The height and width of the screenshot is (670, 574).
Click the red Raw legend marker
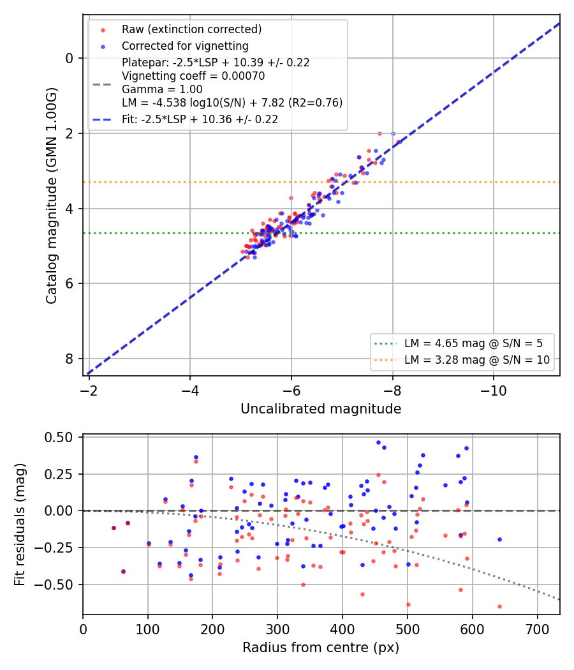click(103, 30)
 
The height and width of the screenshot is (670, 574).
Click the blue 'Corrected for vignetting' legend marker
click(103, 47)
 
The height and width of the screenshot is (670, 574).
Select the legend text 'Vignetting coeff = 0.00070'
click(193, 76)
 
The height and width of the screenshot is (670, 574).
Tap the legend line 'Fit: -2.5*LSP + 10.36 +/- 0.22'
click(200, 119)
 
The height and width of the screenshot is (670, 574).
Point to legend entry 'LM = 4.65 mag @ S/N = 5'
click(473, 343)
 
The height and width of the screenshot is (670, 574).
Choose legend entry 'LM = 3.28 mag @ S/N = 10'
click(476, 361)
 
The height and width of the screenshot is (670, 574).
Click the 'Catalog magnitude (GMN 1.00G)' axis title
click(51, 196)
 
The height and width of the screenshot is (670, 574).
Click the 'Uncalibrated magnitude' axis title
click(321, 409)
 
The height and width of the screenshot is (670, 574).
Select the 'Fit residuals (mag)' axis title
click(20, 525)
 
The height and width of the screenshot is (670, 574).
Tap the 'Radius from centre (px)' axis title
click(321, 648)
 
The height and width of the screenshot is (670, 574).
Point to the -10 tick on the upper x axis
click(494, 390)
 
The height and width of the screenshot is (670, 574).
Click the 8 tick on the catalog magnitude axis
click(70, 359)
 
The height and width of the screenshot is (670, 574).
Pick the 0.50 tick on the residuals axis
click(59, 438)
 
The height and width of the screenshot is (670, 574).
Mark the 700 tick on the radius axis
click(537, 629)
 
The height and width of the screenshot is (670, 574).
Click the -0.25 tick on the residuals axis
click(54, 547)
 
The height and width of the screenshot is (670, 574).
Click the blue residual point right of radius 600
click(499, 540)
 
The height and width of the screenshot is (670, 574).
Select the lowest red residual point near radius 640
click(499, 607)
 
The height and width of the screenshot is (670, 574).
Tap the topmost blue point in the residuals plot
click(378, 443)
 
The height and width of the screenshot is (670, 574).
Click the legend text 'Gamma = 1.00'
click(162, 89)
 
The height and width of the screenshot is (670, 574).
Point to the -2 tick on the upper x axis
click(89, 390)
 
